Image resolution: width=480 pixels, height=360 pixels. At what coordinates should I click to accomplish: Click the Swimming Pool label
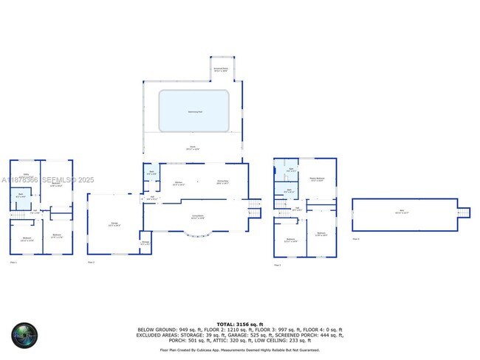[x=193, y=111]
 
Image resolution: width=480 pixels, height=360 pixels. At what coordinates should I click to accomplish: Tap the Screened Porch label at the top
[x=221, y=70]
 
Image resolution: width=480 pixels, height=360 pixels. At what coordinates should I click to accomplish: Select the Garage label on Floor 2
[x=114, y=224]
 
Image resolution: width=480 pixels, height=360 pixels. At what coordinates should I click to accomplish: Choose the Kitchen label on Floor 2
[x=178, y=182]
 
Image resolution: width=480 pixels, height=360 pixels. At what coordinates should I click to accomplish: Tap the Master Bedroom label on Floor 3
[x=316, y=179]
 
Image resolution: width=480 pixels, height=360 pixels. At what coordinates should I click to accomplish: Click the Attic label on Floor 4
[x=403, y=212]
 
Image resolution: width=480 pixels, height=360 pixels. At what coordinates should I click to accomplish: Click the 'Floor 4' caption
[x=356, y=239]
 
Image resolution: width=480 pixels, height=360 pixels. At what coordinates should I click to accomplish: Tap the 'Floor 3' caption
[x=277, y=265]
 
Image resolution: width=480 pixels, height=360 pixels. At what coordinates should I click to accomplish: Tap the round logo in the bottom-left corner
[x=24, y=336]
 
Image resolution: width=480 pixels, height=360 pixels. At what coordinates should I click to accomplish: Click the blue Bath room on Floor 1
[x=21, y=196]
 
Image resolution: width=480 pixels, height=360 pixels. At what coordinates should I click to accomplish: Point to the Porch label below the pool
[x=193, y=148]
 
